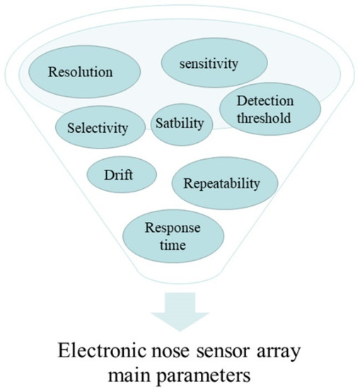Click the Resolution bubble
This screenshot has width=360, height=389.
pyautogui.click(x=81, y=72)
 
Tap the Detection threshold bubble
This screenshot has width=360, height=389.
pyautogui.click(x=255, y=110)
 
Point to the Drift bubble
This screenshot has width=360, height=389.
pyautogui.click(x=121, y=173)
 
